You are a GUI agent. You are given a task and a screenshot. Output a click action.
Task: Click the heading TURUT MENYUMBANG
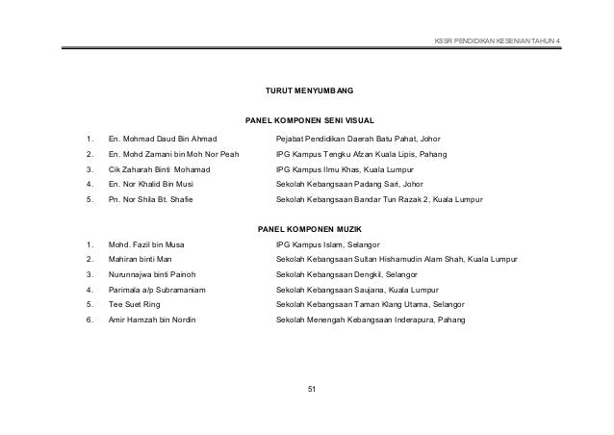pos(309,90)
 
